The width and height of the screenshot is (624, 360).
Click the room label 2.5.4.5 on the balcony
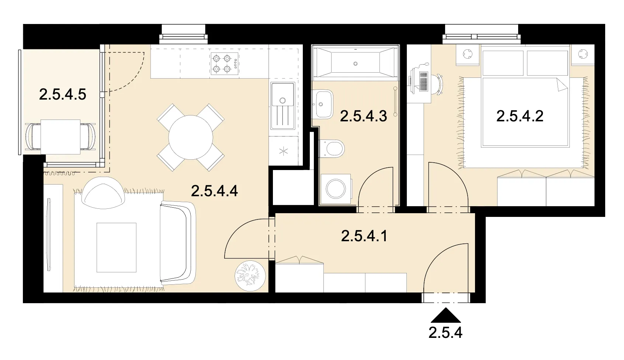pyautogui.click(x=63, y=94)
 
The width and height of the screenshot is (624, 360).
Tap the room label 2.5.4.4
pyautogui.click(x=215, y=191)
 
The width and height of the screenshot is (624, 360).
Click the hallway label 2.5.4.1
pyautogui.click(x=364, y=236)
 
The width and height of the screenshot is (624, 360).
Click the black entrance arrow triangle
pyautogui.click(x=446, y=315)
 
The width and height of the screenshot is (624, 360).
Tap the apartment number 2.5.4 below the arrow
pyautogui.click(x=446, y=332)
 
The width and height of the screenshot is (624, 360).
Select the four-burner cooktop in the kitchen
pyautogui.click(x=225, y=63)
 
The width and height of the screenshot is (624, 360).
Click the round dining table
pyautogui.click(x=191, y=137)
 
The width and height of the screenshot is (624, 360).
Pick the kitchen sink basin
pyautogui.click(x=282, y=94)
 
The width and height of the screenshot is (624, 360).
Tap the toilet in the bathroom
pyautogui.click(x=332, y=148)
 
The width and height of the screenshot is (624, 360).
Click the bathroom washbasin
pyautogui.click(x=322, y=104)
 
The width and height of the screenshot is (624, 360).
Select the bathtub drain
pyautogui.click(x=355, y=64)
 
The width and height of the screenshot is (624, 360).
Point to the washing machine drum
pyautogui.click(x=336, y=188)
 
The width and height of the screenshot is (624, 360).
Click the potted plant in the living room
pyautogui.click(x=250, y=276)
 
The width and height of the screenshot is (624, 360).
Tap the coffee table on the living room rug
pyautogui.click(x=117, y=247)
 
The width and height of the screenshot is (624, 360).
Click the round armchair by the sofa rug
pyautogui.click(x=103, y=193)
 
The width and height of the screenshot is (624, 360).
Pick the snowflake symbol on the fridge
pyautogui.click(x=284, y=151)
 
